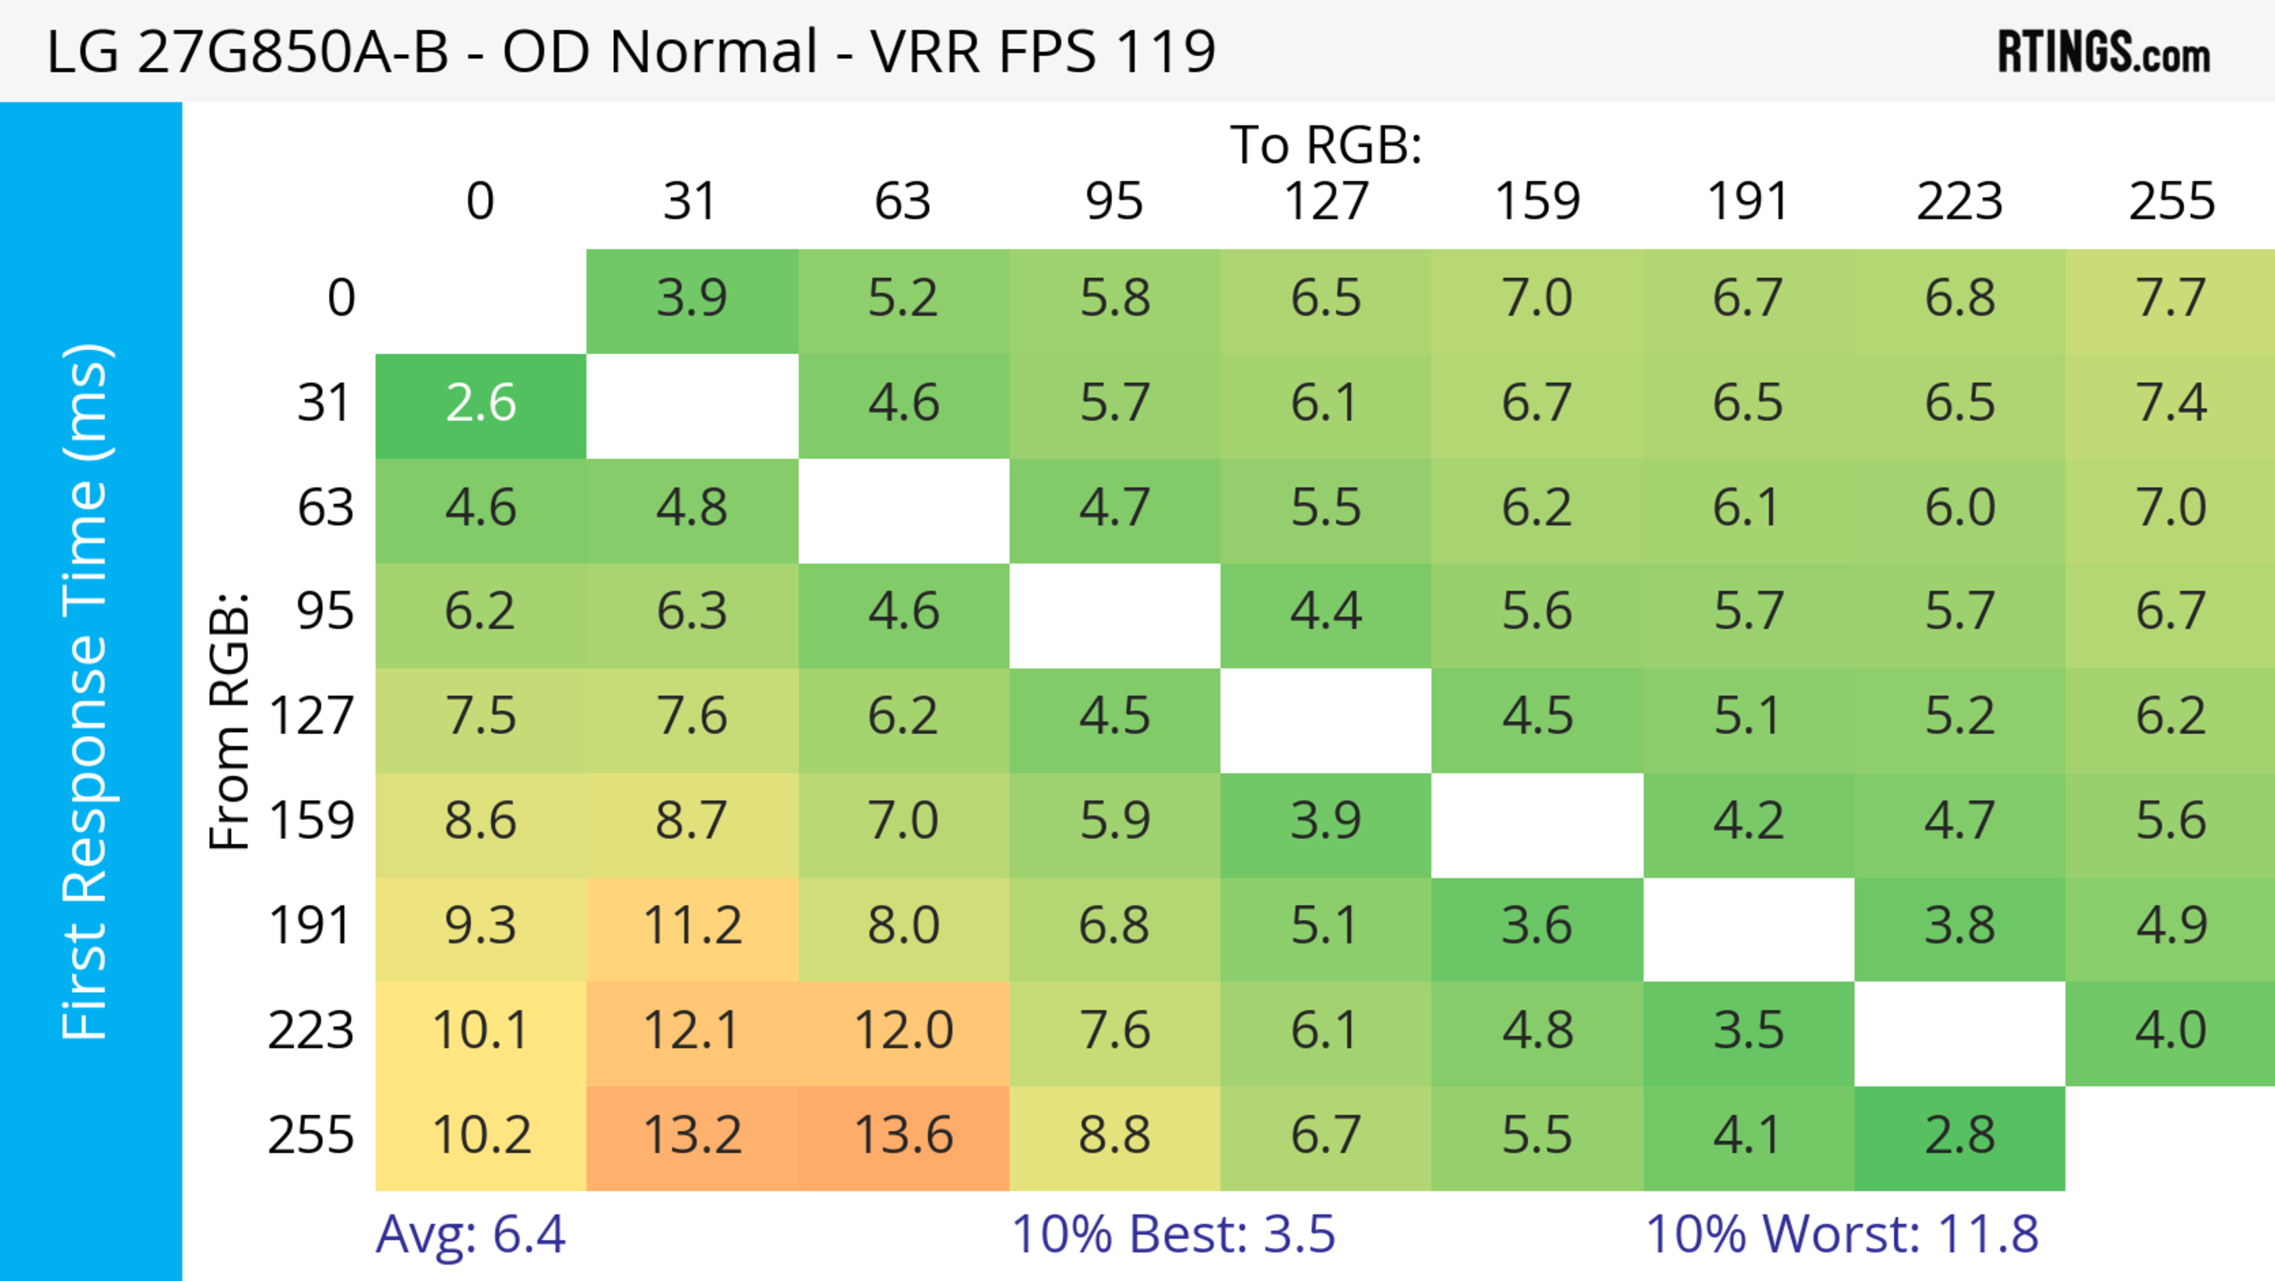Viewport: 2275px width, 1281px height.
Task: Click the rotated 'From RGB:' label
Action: click(x=229, y=720)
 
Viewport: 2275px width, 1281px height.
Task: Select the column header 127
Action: click(x=1326, y=202)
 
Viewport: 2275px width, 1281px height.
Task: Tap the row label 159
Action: click(x=312, y=822)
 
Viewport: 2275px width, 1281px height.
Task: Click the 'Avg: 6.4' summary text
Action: click(x=470, y=1234)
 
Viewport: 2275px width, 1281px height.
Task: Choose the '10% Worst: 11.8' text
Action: click(x=1841, y=1234)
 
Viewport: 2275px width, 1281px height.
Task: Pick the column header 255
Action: click(x=2171, y=202)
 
